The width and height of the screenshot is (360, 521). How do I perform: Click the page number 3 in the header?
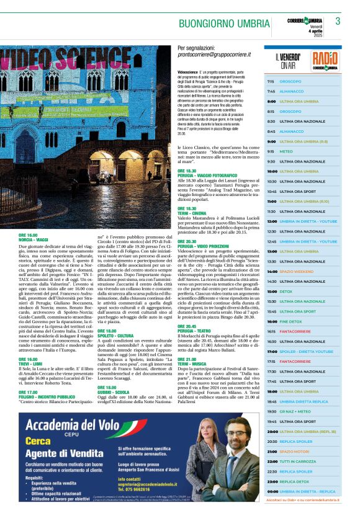click(338, 21)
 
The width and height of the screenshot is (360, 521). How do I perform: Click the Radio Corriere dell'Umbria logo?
click(325, 60)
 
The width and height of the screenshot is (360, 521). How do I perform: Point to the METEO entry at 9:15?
click(286, 151)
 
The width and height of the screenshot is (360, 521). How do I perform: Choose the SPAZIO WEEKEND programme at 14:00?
click(296, 272)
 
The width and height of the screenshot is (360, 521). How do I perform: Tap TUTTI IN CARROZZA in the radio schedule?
click(297, 461)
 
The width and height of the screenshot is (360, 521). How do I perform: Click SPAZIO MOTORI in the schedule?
click(294, 452)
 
